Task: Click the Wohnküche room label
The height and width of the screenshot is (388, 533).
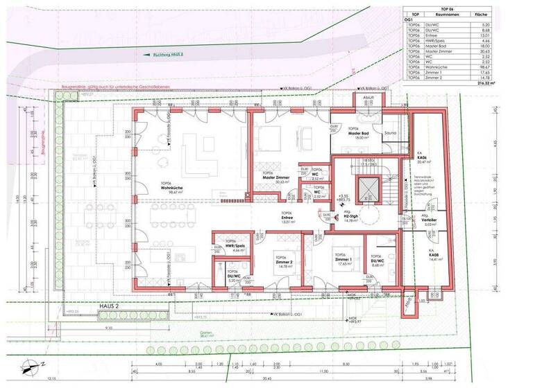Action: [x=171, y=188]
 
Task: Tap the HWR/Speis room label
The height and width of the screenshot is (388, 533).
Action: [x=234, y=246]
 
